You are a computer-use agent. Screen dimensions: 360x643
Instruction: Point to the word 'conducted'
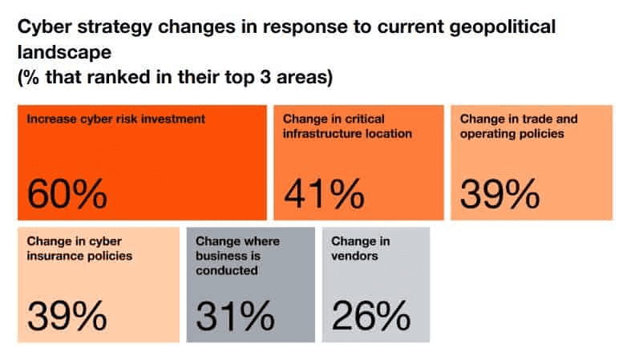[x=227, y=270]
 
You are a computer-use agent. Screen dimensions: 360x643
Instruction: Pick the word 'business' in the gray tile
[x=220, y=256]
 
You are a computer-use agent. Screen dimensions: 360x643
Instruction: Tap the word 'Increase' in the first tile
[x=51, y=119]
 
